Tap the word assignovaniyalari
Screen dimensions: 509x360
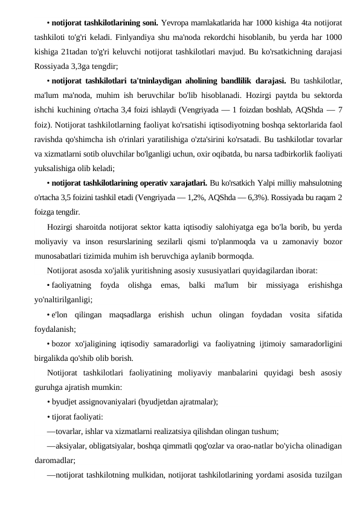(105, 400)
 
